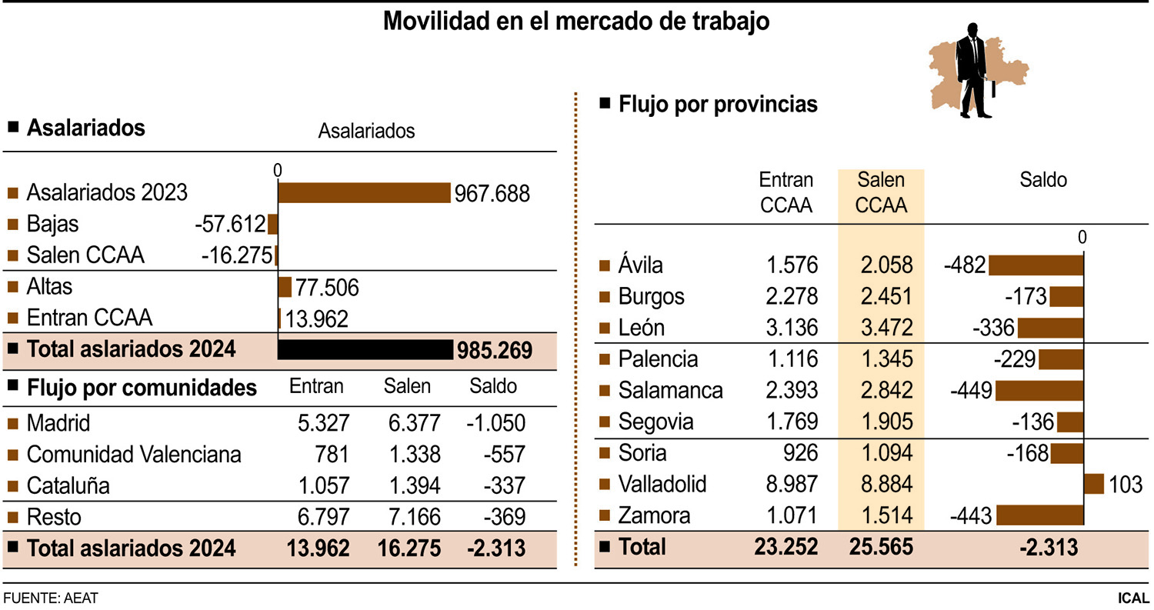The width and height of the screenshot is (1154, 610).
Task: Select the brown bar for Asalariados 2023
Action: click(x=364, y=192)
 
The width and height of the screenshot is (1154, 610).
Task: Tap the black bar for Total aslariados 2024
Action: click(x=365, y=350)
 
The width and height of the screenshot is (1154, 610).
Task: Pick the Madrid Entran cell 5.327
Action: click(x=322, y=423)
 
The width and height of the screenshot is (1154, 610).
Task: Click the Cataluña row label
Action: click(x=68, y=486)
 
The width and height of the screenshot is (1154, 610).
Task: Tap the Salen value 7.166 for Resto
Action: click(x=412, y=517)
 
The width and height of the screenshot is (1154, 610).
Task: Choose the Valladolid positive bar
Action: click(x=1093, y=484)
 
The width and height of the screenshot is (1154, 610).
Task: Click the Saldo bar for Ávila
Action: click(x=1036, y=266)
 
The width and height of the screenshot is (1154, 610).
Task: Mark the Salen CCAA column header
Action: click(x=880, y=192)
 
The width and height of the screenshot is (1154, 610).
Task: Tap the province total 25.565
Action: click(x=881, y=547)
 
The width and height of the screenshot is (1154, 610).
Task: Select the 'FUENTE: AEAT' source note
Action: click(x=51, y=598)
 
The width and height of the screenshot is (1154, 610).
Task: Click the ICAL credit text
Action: click(x=1134, y=598)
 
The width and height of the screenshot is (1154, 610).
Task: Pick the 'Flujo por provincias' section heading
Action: click(x=717, y=105)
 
